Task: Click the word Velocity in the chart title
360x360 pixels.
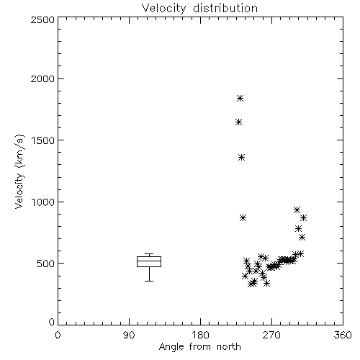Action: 163,9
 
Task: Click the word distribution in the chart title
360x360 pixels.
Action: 225,8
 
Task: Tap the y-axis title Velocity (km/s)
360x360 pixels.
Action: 19,171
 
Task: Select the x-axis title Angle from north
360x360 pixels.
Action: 199,347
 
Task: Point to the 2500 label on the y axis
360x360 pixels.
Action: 42,19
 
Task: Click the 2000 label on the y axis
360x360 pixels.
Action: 42,79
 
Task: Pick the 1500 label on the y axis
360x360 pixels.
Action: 43,140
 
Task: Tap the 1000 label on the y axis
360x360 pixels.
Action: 43,202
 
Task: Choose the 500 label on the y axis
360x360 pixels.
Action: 46,264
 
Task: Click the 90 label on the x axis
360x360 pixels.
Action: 129,335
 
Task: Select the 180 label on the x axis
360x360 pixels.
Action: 200,335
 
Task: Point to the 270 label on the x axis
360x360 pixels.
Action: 271,335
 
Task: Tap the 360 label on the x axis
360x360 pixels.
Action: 343,335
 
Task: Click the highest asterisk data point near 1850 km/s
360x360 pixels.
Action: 240,98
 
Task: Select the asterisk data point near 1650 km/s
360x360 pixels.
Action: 238,122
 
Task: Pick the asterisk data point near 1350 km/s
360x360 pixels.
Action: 241,158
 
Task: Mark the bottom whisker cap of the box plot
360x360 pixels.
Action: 149,281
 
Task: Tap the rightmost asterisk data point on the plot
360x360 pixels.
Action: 304,218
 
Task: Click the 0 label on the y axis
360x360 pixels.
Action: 52,322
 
